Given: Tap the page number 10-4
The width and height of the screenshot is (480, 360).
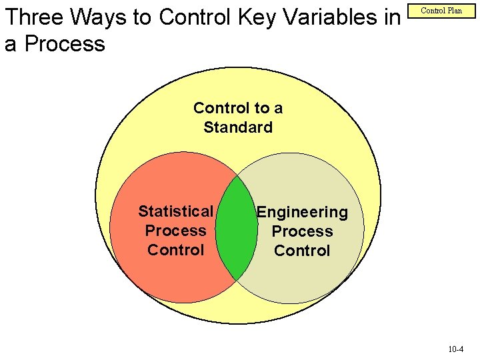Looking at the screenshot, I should [457, 349].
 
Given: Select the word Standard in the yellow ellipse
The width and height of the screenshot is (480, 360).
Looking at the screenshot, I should [238, 127].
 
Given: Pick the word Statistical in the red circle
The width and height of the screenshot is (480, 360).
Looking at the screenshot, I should [175, 211].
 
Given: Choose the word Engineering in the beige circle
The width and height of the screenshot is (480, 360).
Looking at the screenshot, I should [302, 212].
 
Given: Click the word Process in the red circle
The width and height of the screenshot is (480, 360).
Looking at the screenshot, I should [175, 231].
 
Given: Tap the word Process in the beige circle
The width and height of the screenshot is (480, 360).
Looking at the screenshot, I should [302, 231].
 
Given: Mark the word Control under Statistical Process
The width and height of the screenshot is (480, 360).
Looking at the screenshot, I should [175, 250].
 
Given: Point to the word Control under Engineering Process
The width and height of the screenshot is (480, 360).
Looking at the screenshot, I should [302, 251].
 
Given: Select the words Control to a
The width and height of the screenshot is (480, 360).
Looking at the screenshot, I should [238, 108].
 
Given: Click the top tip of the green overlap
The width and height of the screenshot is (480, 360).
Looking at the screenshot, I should [237, 179].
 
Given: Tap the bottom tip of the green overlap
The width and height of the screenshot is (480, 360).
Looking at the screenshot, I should [237, 277].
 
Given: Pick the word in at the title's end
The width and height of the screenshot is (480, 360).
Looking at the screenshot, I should [391, 18].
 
